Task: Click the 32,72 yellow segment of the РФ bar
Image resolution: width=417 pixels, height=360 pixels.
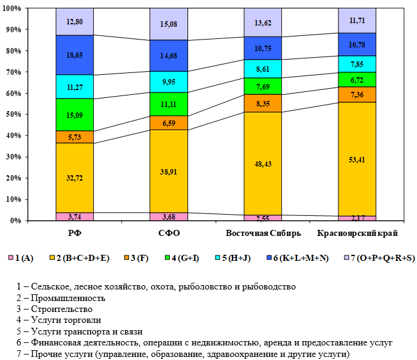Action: (74, 178)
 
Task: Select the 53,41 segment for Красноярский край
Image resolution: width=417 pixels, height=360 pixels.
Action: (357, 159)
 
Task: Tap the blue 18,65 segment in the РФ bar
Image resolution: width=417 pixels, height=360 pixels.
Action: (74, 55)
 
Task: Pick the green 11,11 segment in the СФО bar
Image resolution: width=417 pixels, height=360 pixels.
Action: (169, 104)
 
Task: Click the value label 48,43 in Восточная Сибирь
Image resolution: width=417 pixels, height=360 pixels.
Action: (263, 164)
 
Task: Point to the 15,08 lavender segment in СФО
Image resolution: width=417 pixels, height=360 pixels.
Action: (169, 24)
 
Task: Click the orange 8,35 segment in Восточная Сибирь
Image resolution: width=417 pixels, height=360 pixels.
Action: (263, 103)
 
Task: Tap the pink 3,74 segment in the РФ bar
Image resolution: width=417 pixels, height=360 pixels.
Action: (74, 216)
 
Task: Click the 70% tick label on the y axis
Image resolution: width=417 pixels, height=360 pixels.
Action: (12, 72)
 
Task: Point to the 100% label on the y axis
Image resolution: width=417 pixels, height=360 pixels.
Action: (11, 9)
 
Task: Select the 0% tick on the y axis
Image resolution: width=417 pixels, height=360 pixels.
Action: (15, 221)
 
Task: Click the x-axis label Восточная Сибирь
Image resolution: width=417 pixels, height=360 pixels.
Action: (263, 234)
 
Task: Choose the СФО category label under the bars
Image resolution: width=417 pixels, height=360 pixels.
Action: (169, 234)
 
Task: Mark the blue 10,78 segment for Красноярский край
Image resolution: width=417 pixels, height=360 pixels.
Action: (357, 44)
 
